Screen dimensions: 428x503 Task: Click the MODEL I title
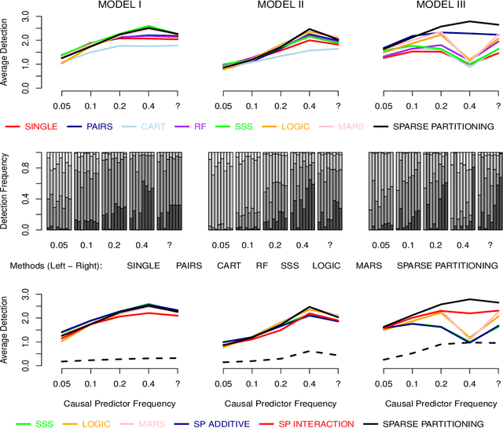[x=119, y=6]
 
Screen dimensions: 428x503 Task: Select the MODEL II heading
[x=279, y=6]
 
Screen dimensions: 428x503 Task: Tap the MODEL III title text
[x=439, y=6]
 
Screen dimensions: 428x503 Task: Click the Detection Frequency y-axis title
[x=7, y=191]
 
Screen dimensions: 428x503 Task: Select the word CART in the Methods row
[x=229, y=266]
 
